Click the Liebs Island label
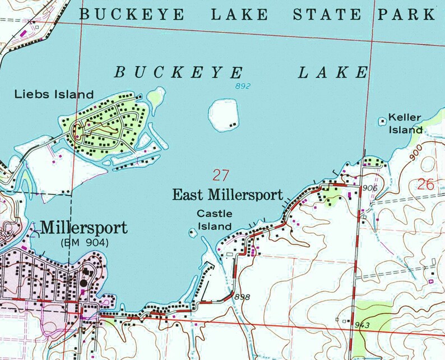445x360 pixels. point(53,94)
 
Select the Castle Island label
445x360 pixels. point(214,220)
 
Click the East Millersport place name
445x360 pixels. point(228,195)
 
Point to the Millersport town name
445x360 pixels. point(84,228)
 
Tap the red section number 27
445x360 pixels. point(220,175)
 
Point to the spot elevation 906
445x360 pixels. point(370,187)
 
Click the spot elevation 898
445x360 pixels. point(242,296)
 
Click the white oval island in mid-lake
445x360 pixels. point(224,116)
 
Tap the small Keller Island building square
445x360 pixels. point(383,121)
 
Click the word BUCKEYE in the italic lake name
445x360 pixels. point(179,72)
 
